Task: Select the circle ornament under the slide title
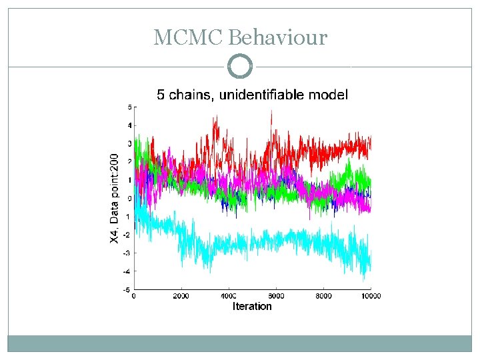pos(240,67)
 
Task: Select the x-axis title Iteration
pos(252,307)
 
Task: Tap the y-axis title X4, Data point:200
pos(115,199)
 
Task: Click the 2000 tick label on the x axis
pos(181,296)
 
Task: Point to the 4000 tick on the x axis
pos(229,296)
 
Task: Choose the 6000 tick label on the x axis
pos(276,296)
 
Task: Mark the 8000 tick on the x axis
pos(323,296)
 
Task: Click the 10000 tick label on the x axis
pos(370,296)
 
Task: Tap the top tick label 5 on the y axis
pos(129,107)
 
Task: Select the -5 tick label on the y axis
pos(127,289)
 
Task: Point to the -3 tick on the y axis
pos(127,253)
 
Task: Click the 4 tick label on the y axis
pos(129,125)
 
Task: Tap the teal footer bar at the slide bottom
pos(240,343)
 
